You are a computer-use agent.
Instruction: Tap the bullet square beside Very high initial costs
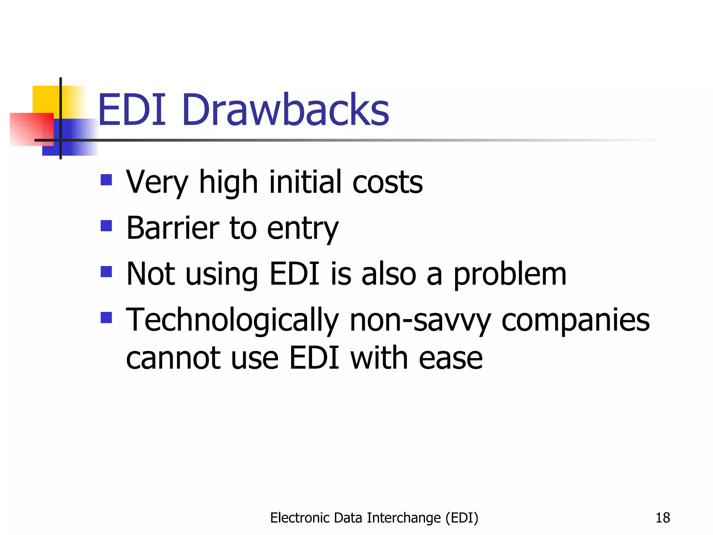tap(106, 180)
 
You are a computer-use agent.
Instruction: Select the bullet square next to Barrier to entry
tap(106, 226)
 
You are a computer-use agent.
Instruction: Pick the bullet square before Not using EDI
tap(106, 272)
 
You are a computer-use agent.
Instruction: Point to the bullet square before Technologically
tap(106, 318)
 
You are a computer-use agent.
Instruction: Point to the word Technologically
tap(232, 320)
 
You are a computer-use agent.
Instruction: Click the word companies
tap(575, 320)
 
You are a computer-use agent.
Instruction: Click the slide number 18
tap(663, 518)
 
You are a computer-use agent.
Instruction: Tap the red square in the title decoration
tap(31, 129)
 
